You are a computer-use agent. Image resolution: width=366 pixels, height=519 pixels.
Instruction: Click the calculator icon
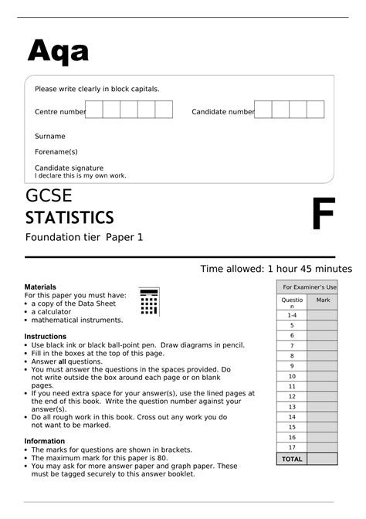pos(149,302)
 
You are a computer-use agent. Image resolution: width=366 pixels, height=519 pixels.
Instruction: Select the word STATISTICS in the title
pos(69,217)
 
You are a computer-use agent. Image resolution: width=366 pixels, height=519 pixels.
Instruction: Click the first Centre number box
pos(93,110)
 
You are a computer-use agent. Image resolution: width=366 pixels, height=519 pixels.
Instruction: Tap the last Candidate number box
pos(315,110)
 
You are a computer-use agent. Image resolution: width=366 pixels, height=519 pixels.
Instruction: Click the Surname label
pos(50,136)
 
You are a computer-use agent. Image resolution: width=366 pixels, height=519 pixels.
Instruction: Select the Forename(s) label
pos(56,151)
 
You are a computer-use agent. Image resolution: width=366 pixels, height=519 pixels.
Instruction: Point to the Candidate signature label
pos(69,168)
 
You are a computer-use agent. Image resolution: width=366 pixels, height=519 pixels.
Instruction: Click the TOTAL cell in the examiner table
pos(292,459)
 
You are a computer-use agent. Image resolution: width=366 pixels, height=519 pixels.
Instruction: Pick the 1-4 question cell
pos(292,315)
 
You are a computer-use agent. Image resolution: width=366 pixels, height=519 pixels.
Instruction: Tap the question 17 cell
pos(292,447)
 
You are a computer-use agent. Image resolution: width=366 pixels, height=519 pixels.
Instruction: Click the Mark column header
pos(323,300)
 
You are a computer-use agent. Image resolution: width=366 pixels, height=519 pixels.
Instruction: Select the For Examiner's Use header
pos(307,287)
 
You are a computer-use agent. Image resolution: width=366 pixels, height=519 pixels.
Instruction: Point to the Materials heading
pos(41,287)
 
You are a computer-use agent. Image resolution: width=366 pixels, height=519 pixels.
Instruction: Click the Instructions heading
pos(46,337)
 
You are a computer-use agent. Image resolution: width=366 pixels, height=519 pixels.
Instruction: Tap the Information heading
pos(45,442)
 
